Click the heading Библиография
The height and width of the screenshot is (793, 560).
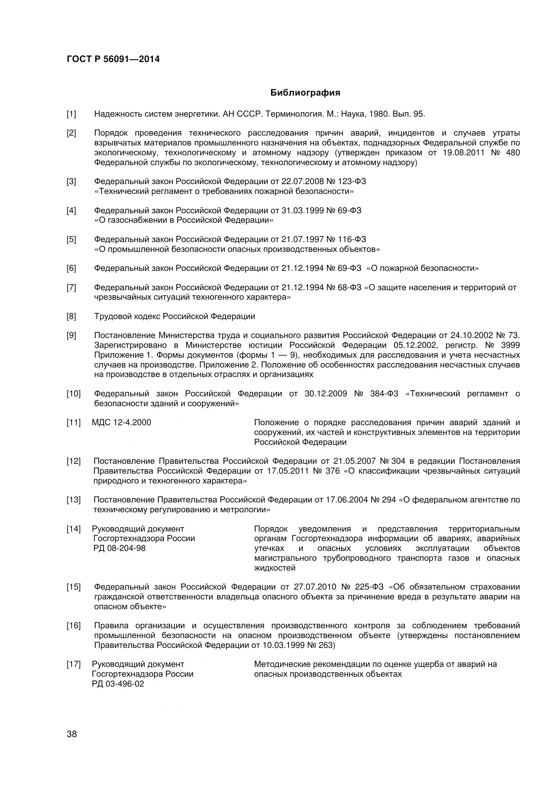305,93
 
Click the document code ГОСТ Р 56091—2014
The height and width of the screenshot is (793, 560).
113,59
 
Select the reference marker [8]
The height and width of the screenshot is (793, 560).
71,316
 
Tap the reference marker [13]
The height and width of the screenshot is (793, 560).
73,500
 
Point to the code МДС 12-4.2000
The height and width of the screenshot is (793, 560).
122,422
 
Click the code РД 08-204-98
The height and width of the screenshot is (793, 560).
119,548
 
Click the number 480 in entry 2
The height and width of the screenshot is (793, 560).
513,153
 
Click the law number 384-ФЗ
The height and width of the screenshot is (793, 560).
384,394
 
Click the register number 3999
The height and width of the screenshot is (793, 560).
510,345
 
